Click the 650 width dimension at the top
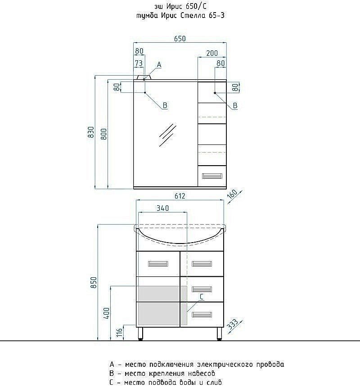point(180,39)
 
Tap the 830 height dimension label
point(91,132)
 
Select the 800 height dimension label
point(104,134)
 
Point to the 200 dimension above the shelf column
point(212,53)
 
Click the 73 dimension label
point(139,63)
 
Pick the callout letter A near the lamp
point(159,65)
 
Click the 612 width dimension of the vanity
point(180,196)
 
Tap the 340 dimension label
point(162,208)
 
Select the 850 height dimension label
point(94,282)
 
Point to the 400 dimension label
point(106,313)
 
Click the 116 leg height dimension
point(120,333)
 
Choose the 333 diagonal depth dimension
point(233,324)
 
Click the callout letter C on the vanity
point(202,297)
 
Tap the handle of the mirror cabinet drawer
point(212,176)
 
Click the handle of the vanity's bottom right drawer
point(202,315)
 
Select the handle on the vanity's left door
point(158,264)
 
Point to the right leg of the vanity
point(219,334)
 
